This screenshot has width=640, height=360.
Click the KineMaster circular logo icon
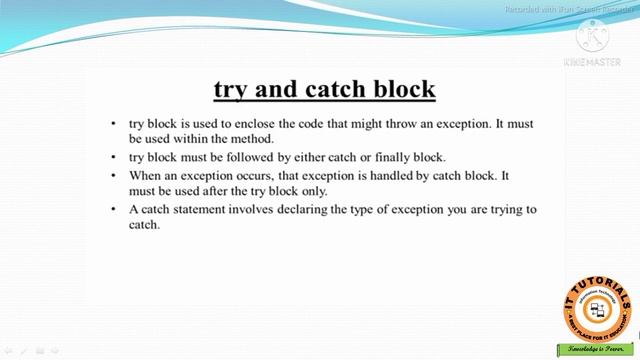(596, 37)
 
